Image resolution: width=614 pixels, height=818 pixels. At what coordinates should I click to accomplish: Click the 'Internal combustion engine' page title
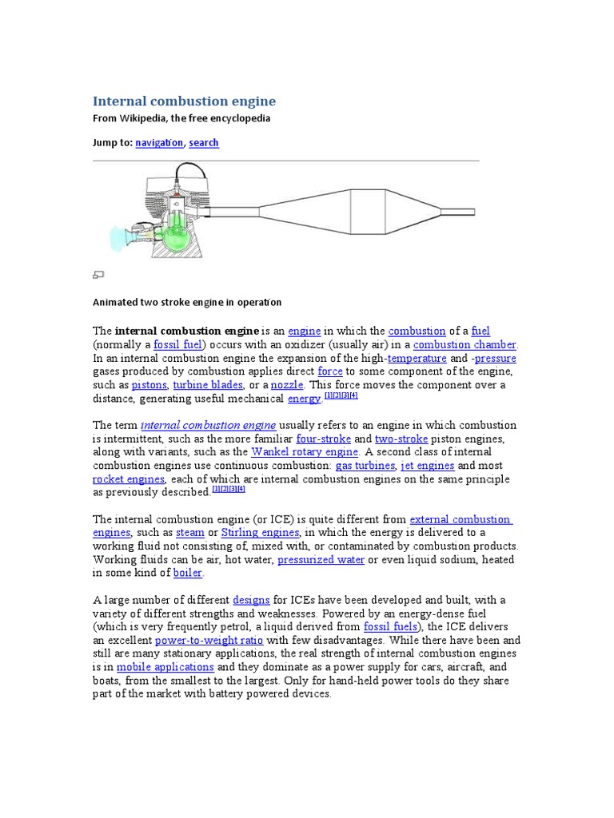pos(184,101)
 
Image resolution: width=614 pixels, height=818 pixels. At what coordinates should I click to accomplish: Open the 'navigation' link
pos(159,143)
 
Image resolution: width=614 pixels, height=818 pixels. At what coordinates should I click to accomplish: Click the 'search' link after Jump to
pos(204,143)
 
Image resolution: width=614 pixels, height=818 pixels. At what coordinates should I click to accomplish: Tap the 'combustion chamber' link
pos(464,345)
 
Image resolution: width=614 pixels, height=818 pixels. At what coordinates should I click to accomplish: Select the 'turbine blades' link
pos(208,385)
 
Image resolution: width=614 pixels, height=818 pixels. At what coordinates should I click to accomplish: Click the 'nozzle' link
pos(287,385)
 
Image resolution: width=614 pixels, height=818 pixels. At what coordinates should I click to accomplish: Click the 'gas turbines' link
pos(365,466)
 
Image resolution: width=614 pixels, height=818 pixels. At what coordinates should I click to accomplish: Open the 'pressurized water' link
pos(321,560)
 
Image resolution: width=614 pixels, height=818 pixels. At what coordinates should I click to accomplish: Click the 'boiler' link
pos(188,574)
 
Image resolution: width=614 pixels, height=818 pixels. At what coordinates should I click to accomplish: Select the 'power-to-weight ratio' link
pos(209,641)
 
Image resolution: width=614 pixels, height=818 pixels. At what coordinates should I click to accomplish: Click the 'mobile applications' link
pos(165,667)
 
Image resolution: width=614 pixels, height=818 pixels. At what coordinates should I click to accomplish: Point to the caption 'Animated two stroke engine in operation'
pos(187,302)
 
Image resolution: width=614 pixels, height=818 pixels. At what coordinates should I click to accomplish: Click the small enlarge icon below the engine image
pos(98,275)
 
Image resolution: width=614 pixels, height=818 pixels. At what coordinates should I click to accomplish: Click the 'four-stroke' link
pos(322,439)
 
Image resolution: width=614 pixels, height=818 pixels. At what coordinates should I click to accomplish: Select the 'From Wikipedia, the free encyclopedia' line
pos(181,118)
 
